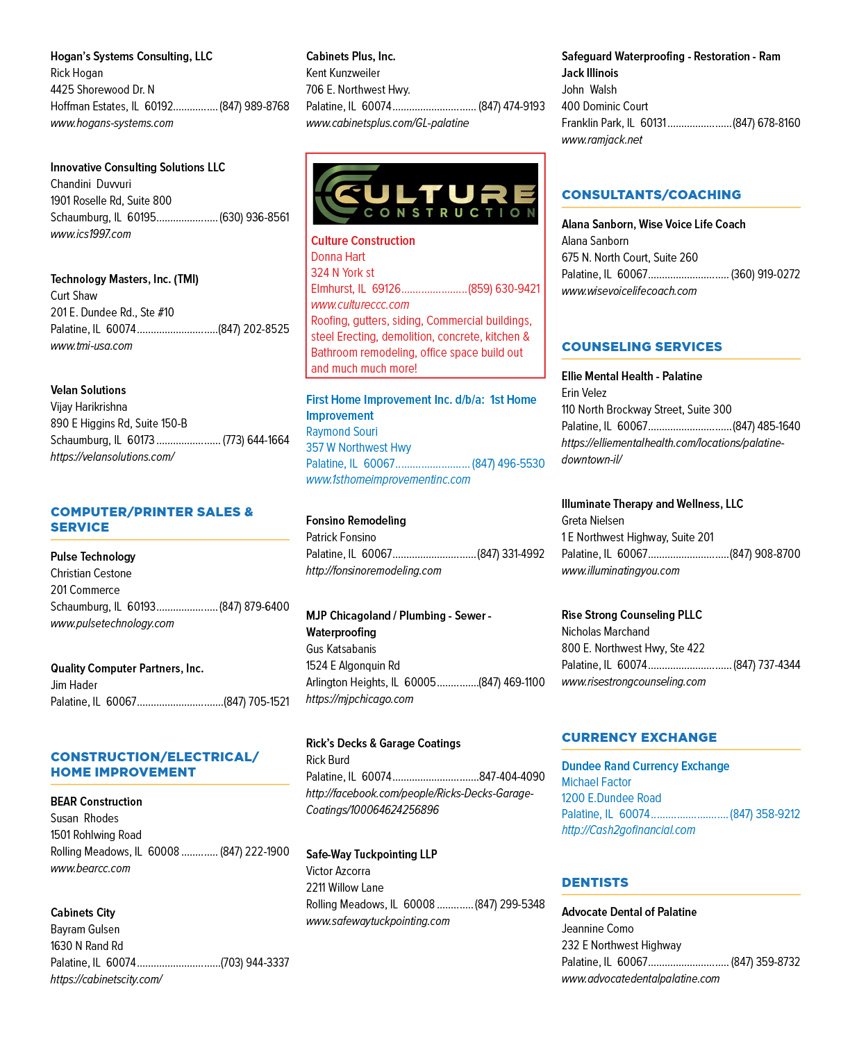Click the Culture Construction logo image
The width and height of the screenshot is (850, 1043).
[x=425, y=194]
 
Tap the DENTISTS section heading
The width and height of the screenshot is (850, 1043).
[x=594, y=882]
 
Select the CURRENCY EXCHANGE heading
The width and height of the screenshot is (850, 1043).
[x=639, y=737]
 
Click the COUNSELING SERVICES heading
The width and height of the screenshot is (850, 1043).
[x=641, y=346]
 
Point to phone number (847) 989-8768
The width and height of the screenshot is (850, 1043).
[x=254, y=106]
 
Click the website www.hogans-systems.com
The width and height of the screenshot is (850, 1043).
[x=112, y=123]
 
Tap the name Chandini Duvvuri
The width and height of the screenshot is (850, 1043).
[x=91, y=184]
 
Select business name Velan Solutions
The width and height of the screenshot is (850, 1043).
[x=88, y=390]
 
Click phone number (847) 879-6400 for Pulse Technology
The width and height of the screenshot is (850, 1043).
[x=254, y=607]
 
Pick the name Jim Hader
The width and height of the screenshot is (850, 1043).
[x=74, y=684]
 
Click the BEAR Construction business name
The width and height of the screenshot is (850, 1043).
[x=96, y=801]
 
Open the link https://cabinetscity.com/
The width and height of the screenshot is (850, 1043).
[x=106, y=979]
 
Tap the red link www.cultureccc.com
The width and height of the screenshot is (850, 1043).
[x=360, y=305]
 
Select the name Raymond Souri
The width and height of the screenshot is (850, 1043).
[x=342, y=432]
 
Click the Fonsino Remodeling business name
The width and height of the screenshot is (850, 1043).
[x=356, y=520]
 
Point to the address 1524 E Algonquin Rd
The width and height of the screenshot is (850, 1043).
[x=353, y=665]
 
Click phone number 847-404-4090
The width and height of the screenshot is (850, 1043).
[x=512, y=776]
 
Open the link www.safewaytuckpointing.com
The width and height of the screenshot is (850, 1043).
[x=378, y=921]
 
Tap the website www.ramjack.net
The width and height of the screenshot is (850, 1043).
[x=601, y=139]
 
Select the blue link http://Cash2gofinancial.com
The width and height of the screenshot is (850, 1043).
[x=628, y=829]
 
